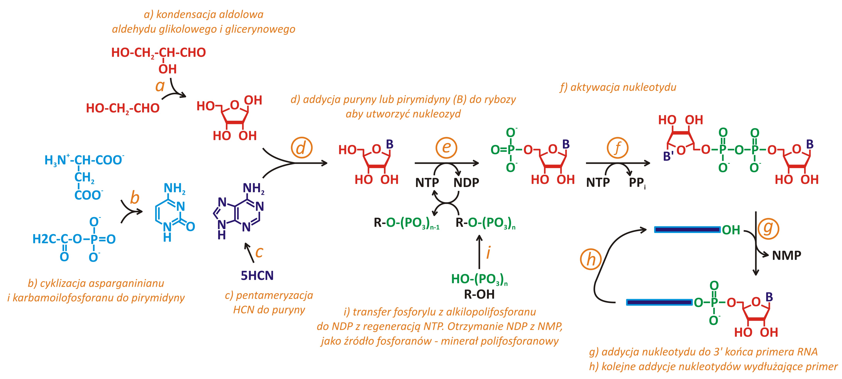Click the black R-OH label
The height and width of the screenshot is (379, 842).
pos(479,294)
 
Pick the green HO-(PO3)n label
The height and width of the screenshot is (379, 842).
pos(479,279)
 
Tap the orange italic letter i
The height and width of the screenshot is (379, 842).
pos(488,253)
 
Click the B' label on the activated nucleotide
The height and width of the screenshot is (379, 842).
pos(668,157)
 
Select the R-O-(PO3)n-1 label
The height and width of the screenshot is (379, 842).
pos(406,223)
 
